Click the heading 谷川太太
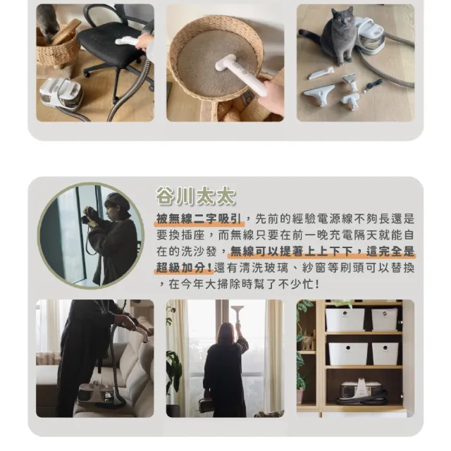[x=195, y=196]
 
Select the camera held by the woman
[x=89, y=216]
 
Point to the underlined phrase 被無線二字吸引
[x=199, y=219]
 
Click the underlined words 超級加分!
[x=184, y=268]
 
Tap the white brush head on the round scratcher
[x=226, y=63]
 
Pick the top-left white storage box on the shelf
[x=345, y=320]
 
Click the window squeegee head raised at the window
[x=237, y=311]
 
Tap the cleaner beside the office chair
[x=61, y=94]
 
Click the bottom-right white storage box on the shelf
[x=385, y=354]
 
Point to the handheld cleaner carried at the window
[x=206, y=404]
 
